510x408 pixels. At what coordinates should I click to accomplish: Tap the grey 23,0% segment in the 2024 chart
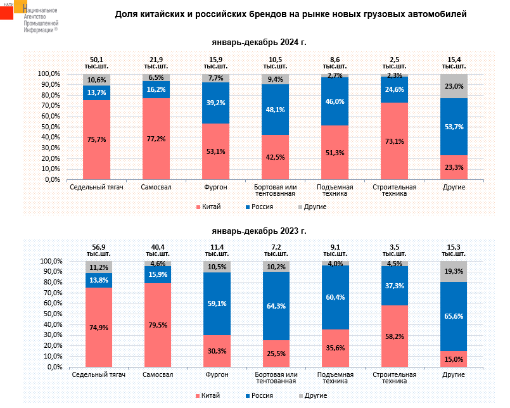tap(454, 86)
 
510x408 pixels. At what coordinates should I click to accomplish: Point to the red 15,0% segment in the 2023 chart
tap(454, 359)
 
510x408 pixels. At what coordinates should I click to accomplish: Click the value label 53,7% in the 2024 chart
tap(454, 127)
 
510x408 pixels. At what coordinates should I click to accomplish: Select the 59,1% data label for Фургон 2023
tap(216, 303)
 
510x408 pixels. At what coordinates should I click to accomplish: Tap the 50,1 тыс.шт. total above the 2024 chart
tap(97, 61)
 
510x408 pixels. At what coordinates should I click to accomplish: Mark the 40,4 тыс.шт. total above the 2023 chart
tap(156, 250)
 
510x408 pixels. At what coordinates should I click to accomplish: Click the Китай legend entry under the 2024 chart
tap(208, 207)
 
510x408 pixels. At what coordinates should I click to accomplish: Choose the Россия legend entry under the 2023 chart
tap(260, 395)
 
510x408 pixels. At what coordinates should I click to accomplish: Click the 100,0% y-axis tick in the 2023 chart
tap(51, 261)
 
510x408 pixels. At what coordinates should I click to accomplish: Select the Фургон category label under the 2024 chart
tap(216, 188)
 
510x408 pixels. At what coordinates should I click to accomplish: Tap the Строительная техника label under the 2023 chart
tap(395, 378)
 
